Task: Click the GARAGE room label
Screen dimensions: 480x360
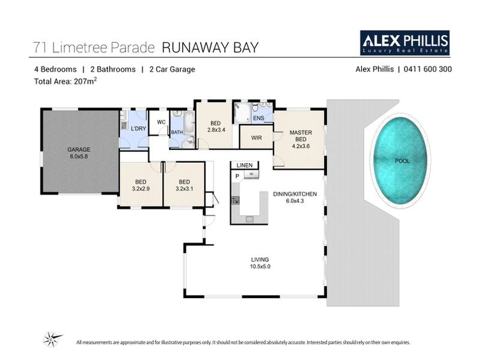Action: [79, 150]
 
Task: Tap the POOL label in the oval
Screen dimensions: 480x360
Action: [402, 161]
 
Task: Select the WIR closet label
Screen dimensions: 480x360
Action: [256, 138]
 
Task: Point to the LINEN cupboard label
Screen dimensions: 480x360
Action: [244, 165]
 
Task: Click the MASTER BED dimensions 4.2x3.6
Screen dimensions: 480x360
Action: [301, 146]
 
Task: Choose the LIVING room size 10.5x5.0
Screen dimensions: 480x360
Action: [260, 266]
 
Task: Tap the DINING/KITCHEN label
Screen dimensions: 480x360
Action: [295, 194]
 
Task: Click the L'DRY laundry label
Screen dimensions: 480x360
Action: [138, 128]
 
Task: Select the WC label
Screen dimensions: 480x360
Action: [161, 122]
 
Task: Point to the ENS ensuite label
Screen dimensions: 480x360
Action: [258, 118]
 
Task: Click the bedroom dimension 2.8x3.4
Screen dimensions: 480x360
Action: [216, 130]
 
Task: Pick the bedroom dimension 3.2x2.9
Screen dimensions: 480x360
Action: [141, 188]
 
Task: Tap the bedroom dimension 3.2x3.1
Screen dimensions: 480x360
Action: [184, 188]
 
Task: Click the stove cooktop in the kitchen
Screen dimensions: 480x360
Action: [236, 200]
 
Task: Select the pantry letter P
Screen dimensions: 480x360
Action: [237, 176]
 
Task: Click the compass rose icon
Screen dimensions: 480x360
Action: [52, 339]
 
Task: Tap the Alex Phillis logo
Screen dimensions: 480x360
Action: [404, 43]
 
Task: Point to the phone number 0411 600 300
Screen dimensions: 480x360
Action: [428, 69]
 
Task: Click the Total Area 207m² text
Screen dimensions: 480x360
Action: [65, 81]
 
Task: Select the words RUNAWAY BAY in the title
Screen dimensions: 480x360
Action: [210, 48]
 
